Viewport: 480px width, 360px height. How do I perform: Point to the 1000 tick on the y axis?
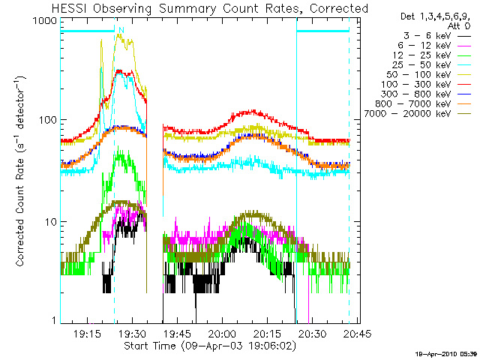(x=43, y=22)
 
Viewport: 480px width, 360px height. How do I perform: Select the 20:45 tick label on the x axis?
(x=348, y=334)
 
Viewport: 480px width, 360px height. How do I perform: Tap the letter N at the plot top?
(x=121, y=30)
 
